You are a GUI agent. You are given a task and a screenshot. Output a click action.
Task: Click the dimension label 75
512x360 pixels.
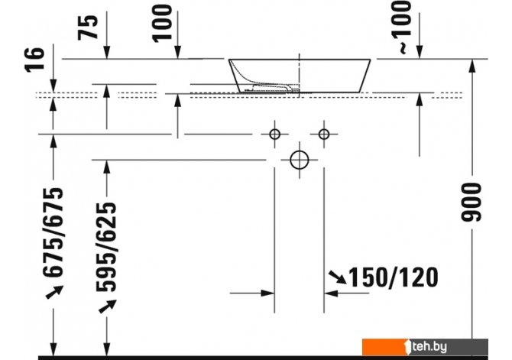point(88,28)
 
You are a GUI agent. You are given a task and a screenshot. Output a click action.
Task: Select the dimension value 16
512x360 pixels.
point(34,60)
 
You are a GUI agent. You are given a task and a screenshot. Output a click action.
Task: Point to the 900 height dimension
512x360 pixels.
point(471,203)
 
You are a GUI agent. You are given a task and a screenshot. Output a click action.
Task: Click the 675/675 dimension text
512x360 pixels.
point(53,232)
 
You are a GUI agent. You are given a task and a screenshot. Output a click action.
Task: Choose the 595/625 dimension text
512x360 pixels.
point(106,247)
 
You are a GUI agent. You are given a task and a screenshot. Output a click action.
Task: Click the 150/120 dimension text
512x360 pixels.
point(394,277)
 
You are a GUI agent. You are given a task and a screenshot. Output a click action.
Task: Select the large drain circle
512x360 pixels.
point(300,160)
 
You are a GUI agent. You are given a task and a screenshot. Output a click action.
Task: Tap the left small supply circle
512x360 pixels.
point(274,134)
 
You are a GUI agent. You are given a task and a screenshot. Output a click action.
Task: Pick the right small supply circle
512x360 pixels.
point(324,134)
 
